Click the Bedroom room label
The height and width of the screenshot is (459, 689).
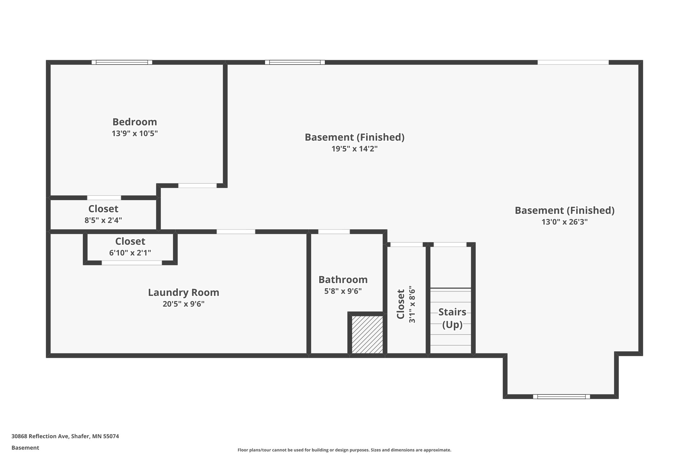coord(135,122)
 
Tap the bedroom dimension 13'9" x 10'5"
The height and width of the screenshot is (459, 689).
coord(135,133)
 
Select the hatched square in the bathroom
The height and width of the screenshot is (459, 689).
coord(367,334)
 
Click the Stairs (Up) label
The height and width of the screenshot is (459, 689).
coord(452,318)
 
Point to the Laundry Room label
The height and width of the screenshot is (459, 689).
coord(183,292)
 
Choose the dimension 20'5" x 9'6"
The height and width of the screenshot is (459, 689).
coord(183,304)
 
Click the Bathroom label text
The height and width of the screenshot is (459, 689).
coord(343,279)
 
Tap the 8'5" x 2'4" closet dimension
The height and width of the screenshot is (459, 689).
coord(103,221)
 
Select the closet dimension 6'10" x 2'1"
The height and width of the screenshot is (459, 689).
coord(130,253)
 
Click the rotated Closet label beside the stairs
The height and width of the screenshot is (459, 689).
coord(400,304)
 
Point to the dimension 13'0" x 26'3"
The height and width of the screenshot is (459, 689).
coord(564,222)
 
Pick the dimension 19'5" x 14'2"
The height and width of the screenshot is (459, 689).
coord(354,149)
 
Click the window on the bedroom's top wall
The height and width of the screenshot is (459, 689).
coord(122,62)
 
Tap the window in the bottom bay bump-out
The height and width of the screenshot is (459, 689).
coord(561,396)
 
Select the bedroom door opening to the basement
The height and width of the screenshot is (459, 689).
coord(197,186)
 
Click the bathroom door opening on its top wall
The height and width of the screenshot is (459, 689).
coord(334,231)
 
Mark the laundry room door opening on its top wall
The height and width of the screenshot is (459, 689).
coord(235,231)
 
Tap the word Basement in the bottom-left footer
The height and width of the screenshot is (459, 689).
coord(25,448)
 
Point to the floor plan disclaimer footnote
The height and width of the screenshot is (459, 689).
coord(344,450)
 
